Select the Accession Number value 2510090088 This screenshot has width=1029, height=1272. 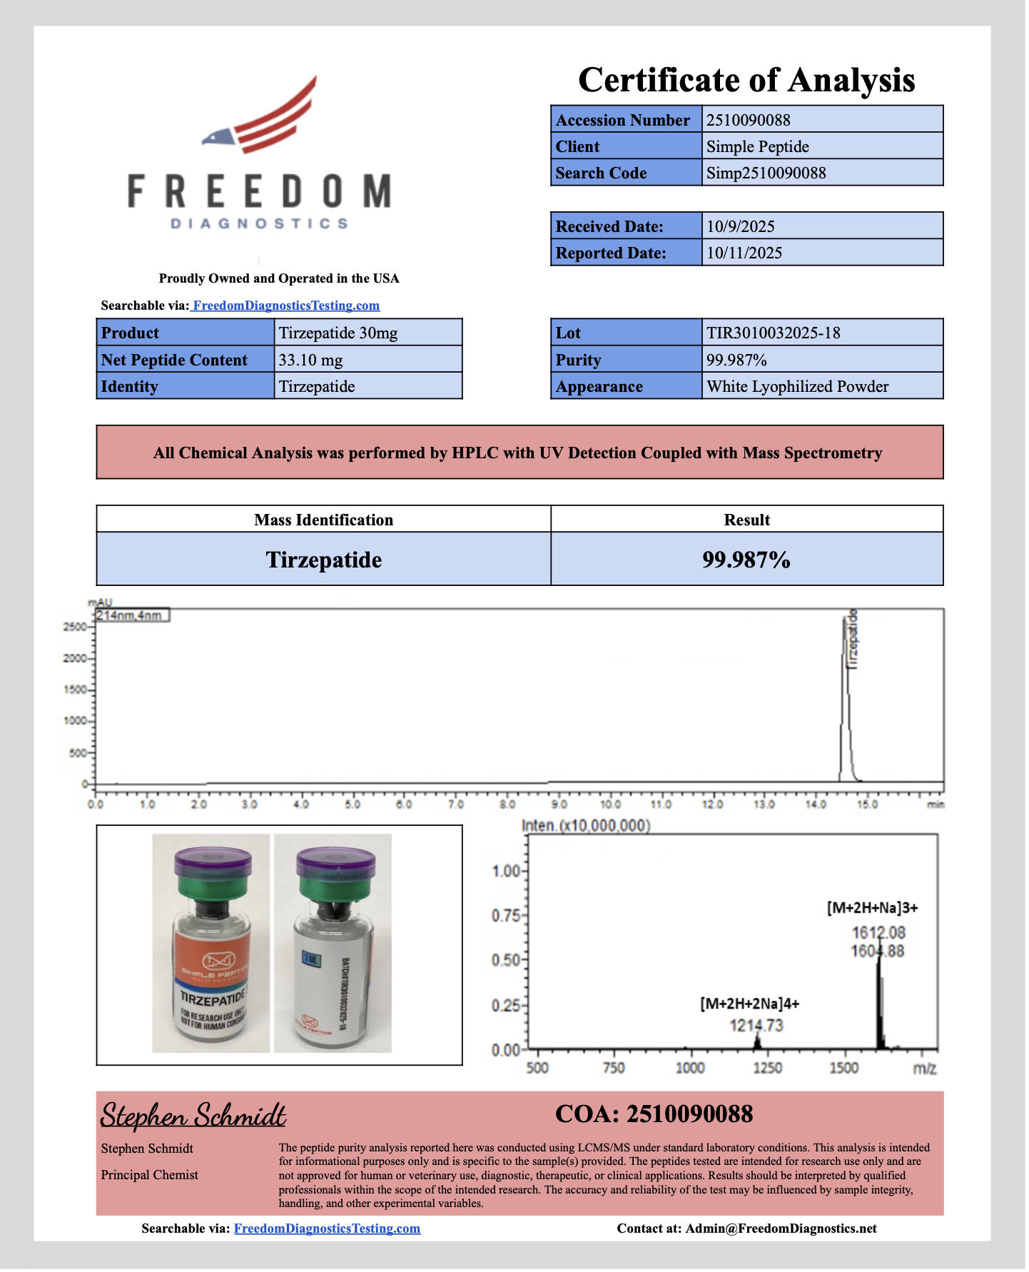pyautogui.click(x=748, y=120)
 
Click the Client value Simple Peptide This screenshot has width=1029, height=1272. pyautogui.click(x=757, y=146)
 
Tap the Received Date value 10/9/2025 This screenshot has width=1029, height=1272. pyautogui.click(x=740, y=226)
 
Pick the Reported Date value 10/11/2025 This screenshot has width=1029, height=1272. pyautogui.click(x=744, y=253)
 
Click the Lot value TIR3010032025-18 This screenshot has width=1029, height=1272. pyautogui.click(x=773, y=333)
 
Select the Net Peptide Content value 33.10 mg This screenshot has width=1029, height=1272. pyautogui.click(x=310, y=360)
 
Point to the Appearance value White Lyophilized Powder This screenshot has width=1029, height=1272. pyautogui.click(x=797, y=387)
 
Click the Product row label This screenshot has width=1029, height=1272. pyautogui.click(x=131, y=333)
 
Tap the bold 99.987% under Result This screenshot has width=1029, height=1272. pyautogui.click(x=746, y=560)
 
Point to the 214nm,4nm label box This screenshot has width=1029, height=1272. pyautogui.click(x=132, y=615)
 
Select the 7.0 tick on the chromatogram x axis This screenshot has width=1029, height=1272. pyautogui.click(x=455, y=804)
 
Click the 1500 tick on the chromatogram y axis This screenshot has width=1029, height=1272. pyautogui.click(x=75, y=690)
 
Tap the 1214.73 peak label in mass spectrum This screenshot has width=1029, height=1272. pyautogui.click(x=756, y=1026)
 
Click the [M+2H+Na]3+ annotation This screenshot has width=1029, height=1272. pyautogui.click(x=872, y=908)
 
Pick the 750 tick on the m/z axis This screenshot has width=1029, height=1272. pyautogui.click(x=614, y=1068)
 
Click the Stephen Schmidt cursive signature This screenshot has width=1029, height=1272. pyautogui.click(x=193, y=1116)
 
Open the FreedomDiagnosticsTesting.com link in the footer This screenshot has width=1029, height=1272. pyautogui.click(x=327, y=1228)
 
